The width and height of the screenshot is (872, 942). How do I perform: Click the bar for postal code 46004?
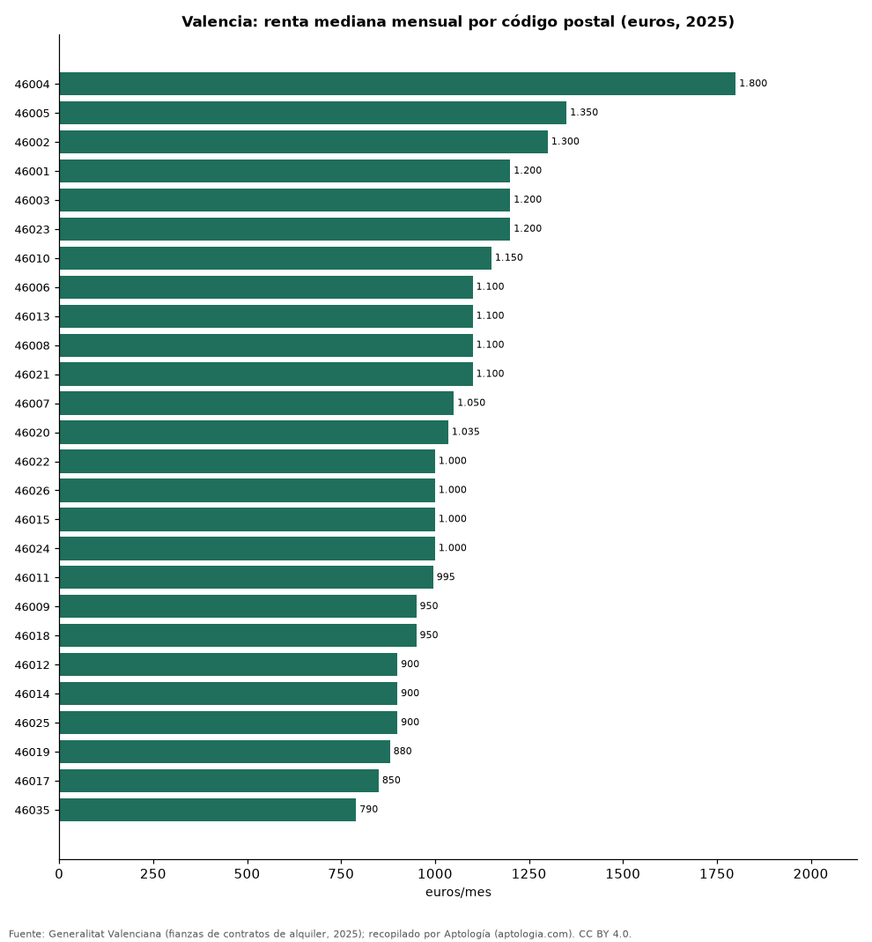coord(397,84)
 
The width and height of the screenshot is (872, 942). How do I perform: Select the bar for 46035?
coord(207,809)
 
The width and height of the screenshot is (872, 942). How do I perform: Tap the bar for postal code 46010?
coord(275,257)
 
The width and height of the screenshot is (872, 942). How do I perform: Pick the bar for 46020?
coord(254,432)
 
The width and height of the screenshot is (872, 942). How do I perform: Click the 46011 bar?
coord(247,577)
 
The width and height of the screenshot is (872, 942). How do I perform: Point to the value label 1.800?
coord(753,84)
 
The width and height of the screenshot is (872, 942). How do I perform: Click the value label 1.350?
coord(584,112)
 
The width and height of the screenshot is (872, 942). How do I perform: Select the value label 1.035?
coord(465,432)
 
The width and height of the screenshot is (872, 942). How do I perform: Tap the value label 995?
coord(446,577)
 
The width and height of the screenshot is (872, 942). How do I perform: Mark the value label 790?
coord(369,809)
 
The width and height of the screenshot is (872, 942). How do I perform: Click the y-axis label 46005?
coord(33,113)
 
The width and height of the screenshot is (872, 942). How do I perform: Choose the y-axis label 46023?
coord(33,229)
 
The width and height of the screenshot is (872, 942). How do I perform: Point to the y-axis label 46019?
coord(33,753)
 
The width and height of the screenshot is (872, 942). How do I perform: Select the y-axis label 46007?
coord(33,404)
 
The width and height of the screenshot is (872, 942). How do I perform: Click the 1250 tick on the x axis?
coord(529,874)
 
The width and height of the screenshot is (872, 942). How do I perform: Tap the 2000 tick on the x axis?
coord(810,874)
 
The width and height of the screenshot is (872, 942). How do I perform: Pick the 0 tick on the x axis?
coord(59,874)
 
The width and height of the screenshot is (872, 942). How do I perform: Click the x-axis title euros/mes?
coord(458,892)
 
